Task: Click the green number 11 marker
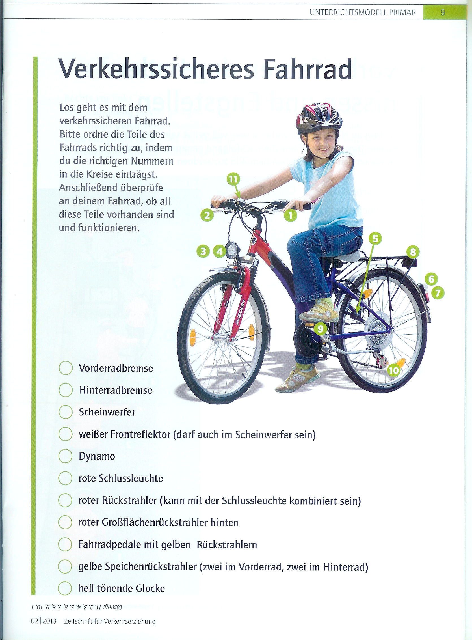coord(233,180)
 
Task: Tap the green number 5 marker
coord(375,239)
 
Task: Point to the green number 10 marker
coord(394,370)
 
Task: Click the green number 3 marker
coord(203,251)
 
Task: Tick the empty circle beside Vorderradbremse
coord(65,368)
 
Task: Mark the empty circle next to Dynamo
coord(65,456)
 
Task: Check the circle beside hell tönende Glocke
coord(65,588)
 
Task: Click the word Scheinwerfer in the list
coord(107,412)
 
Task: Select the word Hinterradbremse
coord(116,390)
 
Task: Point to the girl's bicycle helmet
coord(319,117)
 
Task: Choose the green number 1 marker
coord(290,216)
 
